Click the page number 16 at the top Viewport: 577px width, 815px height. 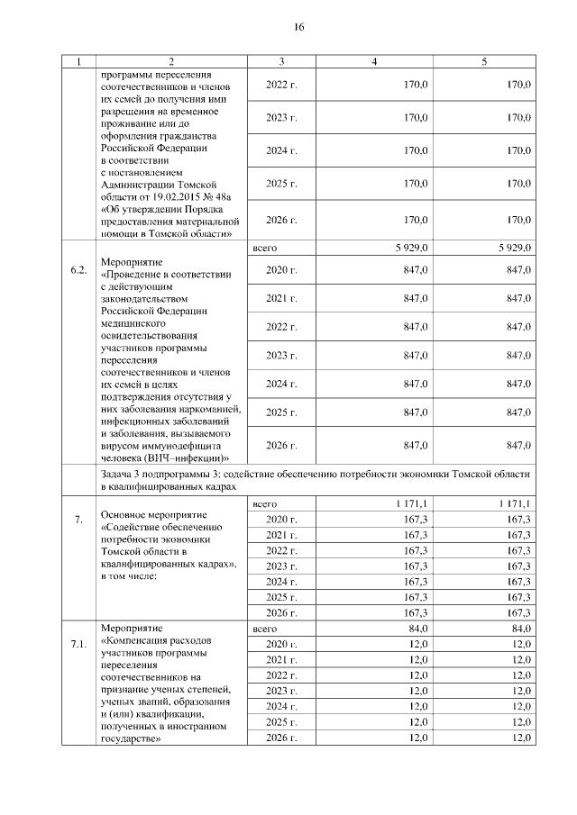click(298, 27)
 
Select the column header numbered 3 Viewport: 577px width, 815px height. click(282, 61)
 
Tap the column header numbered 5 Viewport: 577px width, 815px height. click(484, 61)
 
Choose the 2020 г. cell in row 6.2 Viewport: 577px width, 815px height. click(282, 269)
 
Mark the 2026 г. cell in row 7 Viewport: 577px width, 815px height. click(282, 612)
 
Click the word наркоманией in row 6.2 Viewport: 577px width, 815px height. click(206, 409)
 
